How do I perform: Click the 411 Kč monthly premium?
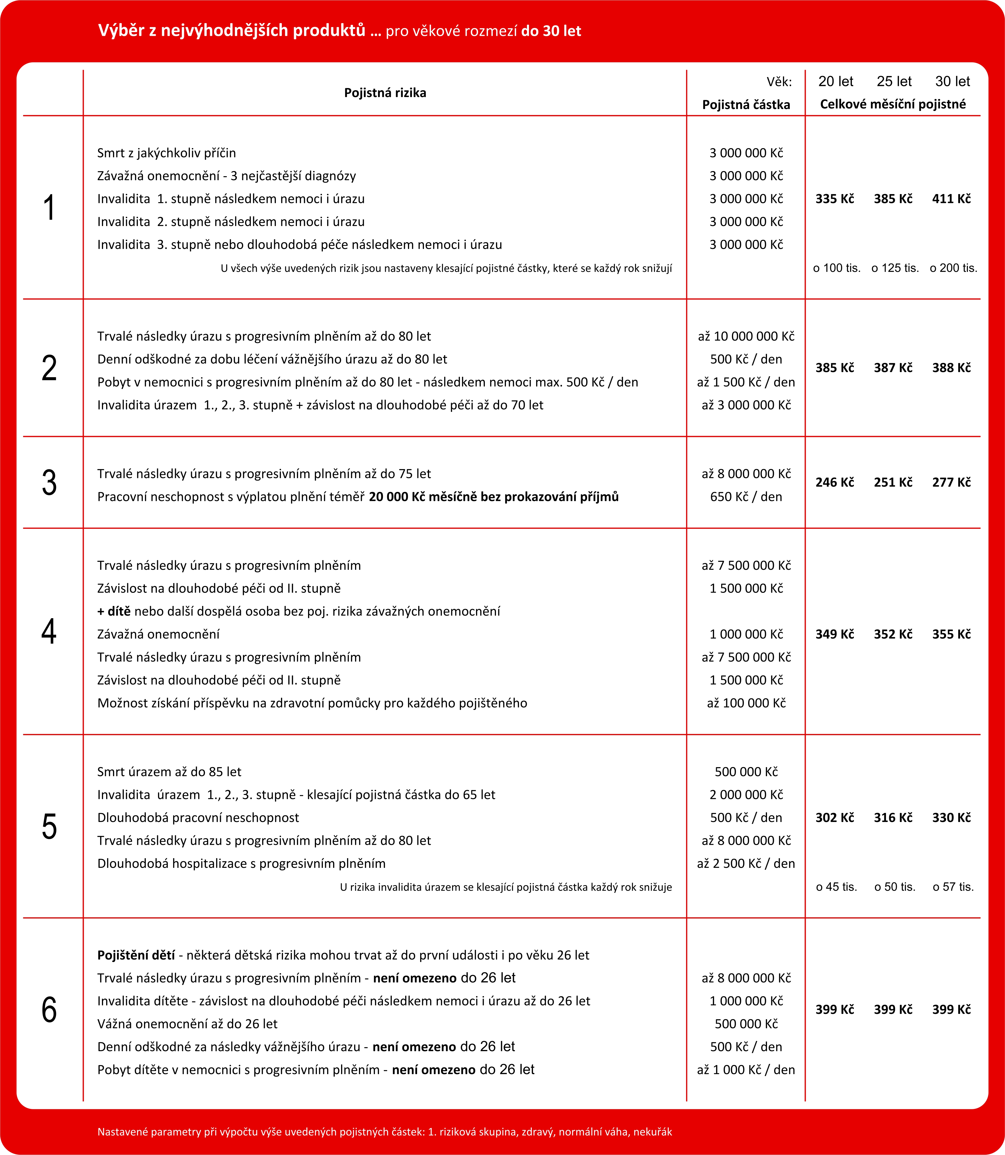[x=951, y=199]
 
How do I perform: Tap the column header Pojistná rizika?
[x=385, y=93]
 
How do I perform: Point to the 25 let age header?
[x=894, y=82]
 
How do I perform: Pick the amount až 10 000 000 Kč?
[x=746, y=336]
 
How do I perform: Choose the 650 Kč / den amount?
[x=746, y=497]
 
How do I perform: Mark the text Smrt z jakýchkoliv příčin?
[x=167, y=153]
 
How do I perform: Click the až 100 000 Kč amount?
[x=746, y=703]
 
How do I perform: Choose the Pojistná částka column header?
[x=746, y=105]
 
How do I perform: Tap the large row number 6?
[x=49, y=1010]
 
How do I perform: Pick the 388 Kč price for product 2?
[x=951, y=368]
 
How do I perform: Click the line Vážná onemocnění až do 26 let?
[x=187, y=1024]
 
